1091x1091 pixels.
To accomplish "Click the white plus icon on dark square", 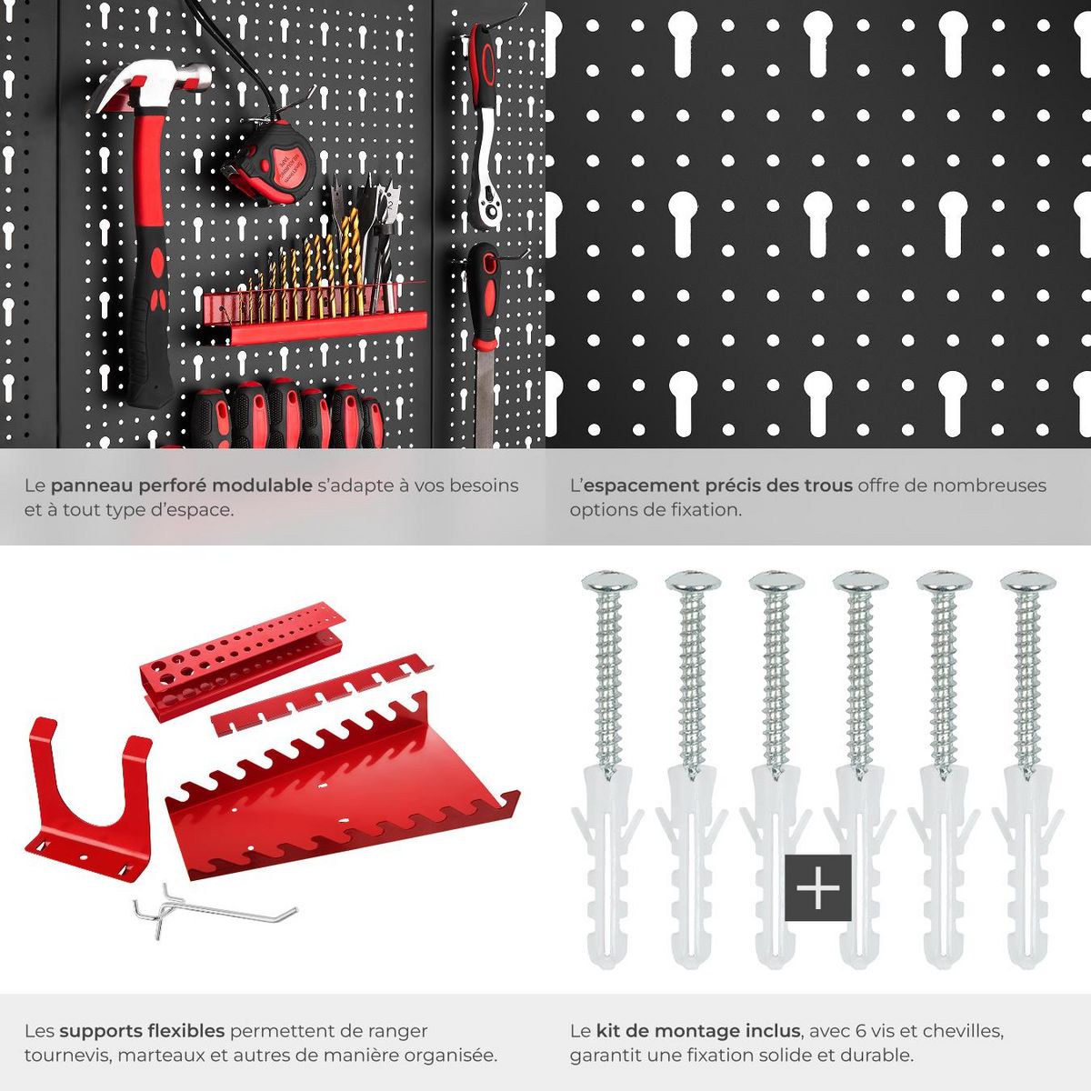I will coord(817,887).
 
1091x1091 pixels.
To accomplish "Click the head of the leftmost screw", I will coord(609,580).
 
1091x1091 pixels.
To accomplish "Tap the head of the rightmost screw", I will coord(1028,580).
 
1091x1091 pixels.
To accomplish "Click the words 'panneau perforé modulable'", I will coord(181,485).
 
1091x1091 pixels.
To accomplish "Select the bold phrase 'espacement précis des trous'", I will coord(717,485).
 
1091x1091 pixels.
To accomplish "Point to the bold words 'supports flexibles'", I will coord(142,1031).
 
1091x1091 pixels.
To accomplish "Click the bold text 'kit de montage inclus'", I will coord(698,1031).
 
